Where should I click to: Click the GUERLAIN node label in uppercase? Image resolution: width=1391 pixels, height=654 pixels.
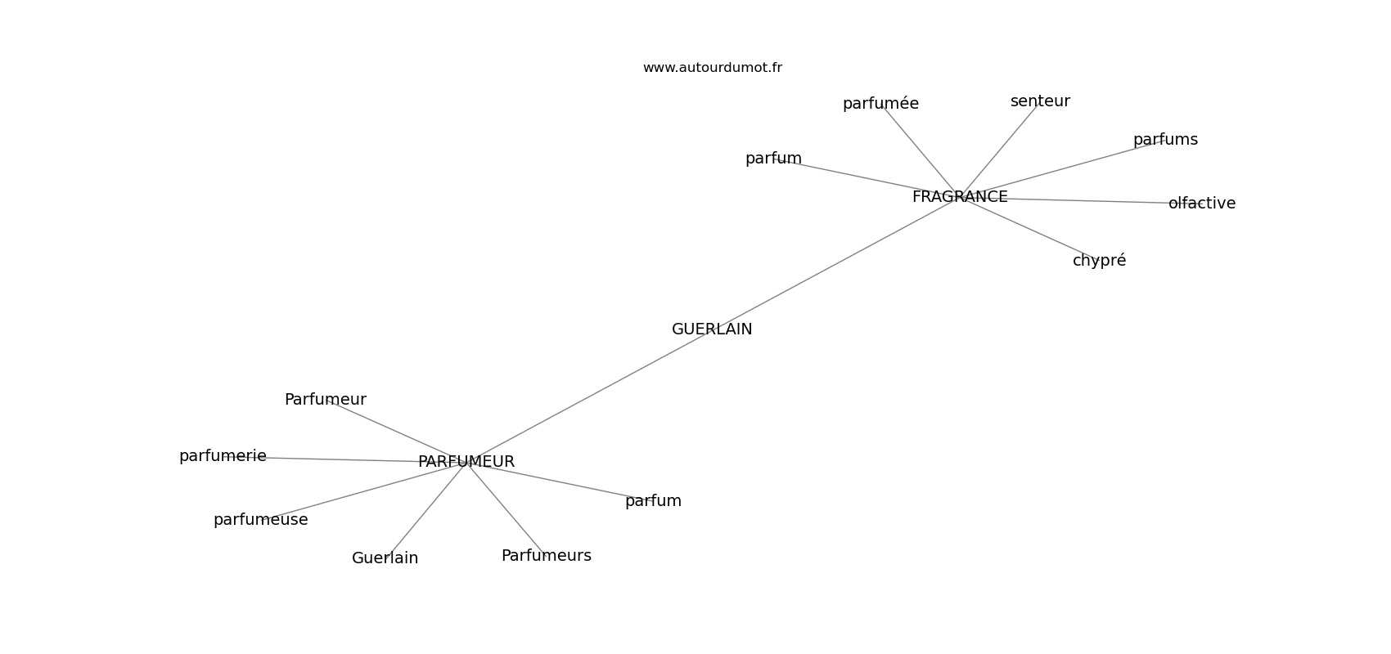[712, 329]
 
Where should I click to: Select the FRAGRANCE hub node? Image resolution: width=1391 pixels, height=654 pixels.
[960, 197]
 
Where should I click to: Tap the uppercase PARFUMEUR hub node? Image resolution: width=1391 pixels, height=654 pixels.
[466, 462]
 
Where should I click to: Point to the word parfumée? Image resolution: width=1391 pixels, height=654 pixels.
[880, 104]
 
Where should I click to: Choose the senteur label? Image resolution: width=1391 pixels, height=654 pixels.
[1040, 101]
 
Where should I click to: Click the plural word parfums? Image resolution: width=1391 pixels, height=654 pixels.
[1165, 140]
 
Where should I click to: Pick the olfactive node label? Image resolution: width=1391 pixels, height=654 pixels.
[1202, 204]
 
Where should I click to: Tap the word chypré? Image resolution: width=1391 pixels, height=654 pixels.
[1099, 261]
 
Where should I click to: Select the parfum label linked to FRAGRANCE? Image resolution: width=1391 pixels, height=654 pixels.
[773, 159]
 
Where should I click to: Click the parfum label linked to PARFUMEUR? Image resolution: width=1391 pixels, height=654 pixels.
[653, 501]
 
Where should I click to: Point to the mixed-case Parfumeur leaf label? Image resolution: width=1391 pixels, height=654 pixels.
[325, 400]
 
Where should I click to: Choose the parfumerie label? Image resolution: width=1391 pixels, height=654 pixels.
[223, 456]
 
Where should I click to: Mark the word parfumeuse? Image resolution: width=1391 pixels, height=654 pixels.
[260, 520]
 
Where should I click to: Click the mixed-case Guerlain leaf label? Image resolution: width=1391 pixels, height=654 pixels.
[385, 558]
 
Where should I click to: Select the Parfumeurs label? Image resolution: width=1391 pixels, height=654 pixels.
[546, 556]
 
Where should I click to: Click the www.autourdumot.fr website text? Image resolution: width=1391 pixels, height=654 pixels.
[712, 68]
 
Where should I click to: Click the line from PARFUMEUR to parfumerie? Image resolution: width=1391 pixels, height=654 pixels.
[352, 459]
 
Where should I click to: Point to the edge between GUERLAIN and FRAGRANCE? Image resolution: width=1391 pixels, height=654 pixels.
[835, 263]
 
